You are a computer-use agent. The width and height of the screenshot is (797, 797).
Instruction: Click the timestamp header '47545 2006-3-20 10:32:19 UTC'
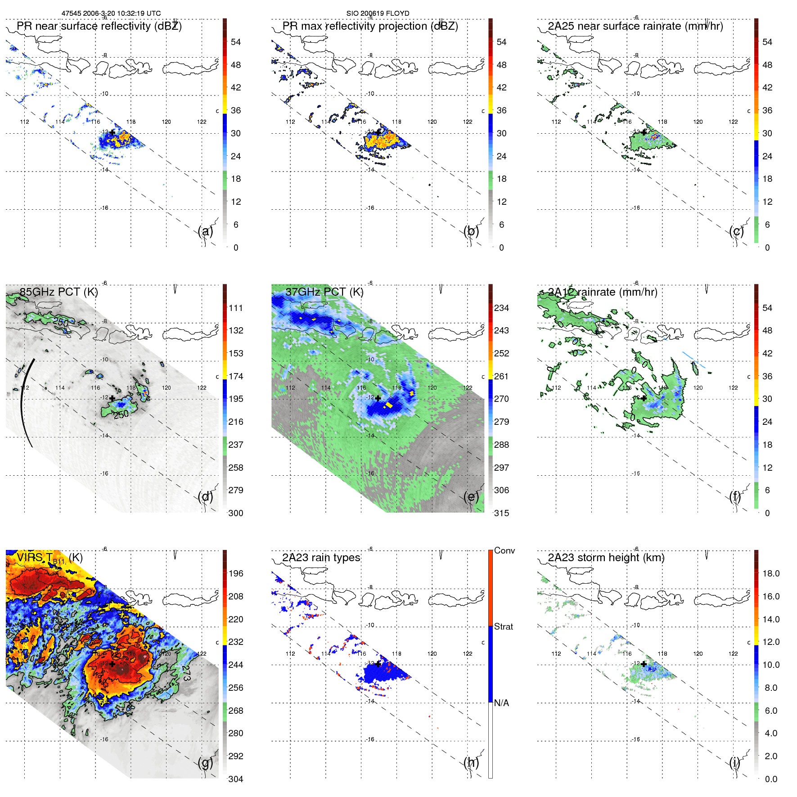click(111, 14)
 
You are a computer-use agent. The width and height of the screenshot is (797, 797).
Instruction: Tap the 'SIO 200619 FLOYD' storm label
click(378, 14)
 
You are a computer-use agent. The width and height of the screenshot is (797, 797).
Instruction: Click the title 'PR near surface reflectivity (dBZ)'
click(99, 26)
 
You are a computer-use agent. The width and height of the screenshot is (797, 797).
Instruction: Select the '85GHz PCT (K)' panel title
click(59, 292)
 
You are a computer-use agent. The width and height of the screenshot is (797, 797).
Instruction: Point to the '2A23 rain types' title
click(321, 558)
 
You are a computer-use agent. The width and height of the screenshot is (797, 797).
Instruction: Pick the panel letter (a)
click(205, 231)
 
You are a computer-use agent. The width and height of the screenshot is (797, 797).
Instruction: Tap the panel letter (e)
click(471, 497)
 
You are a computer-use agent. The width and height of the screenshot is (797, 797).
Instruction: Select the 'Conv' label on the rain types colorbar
click(504, 550)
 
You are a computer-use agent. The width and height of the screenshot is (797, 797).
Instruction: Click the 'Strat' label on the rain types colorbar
click(503, 626)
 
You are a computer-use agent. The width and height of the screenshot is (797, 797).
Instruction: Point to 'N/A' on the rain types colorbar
click(501, 703)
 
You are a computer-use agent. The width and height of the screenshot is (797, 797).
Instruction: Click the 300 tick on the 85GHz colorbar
click(235, 513)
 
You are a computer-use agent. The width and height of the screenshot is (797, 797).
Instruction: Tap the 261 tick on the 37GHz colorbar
click(501, 376)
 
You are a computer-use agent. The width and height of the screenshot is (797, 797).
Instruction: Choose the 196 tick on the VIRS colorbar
click(235, 573)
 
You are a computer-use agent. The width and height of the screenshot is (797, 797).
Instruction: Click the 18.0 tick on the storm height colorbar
click(770, 573)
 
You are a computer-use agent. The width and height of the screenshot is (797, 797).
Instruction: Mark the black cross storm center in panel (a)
click(112, 132)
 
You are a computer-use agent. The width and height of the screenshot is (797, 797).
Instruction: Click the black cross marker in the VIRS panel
click(112, 664)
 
